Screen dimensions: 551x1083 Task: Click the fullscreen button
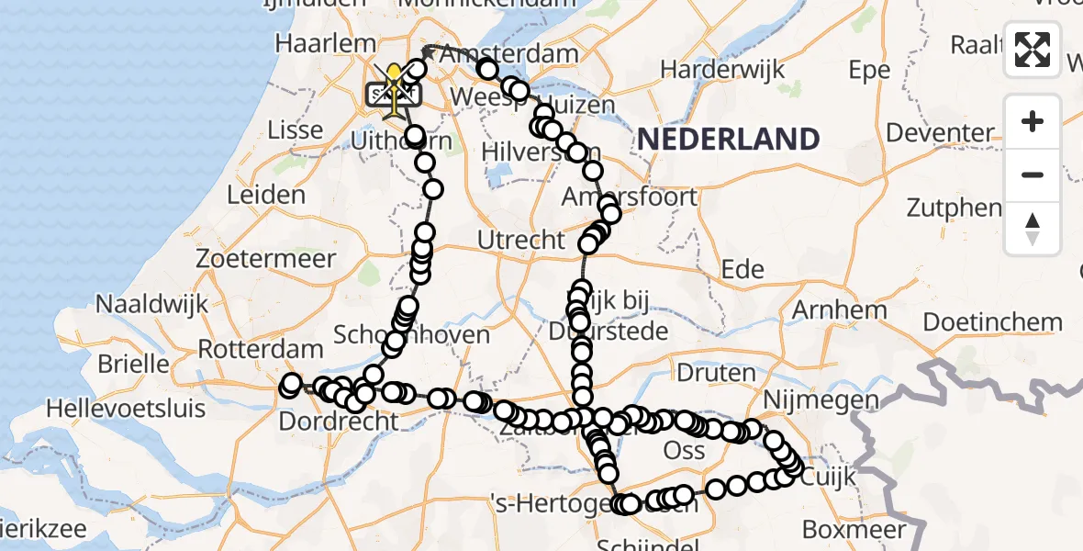point(1033,50)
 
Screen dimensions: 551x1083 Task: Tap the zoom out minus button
point(1033,174)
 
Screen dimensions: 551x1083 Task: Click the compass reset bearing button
point(1033,228)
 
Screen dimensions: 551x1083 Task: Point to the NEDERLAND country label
point(728,139)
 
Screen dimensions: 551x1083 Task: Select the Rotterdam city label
point(261,350)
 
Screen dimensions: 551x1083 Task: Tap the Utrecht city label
point(521,241)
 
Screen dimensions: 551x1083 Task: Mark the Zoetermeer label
point(266,260)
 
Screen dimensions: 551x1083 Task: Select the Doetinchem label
point(992,322)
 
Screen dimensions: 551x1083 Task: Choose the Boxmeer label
point(854,530)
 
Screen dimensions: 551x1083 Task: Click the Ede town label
point(743,269)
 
